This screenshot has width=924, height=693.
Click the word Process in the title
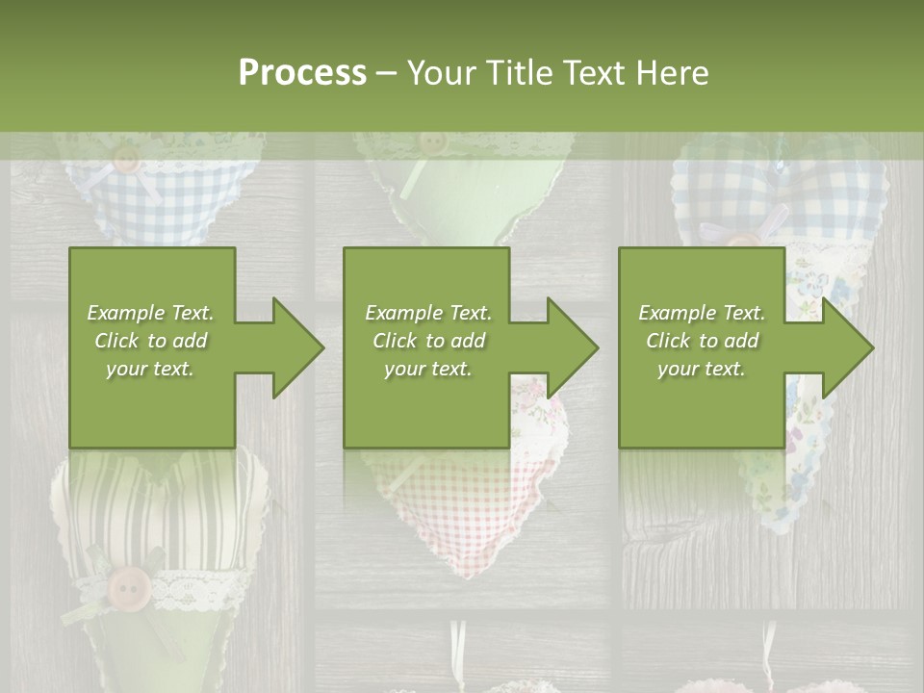coord(302,73)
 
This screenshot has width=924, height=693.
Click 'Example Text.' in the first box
coord(151,313)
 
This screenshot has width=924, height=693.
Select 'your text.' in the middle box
coord(427,369)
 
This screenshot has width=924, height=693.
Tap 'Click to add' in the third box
coord(702,341)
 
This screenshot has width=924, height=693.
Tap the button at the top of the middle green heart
coord(433,142)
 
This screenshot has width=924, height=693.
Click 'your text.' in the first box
coord(151,369)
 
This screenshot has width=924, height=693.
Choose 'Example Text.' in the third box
coord(702,313)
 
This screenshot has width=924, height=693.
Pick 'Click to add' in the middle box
coord(427,341)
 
